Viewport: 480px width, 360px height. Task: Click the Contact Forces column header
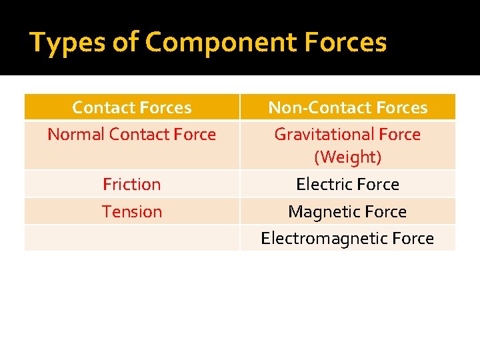pyautogui.click(x=132, y=107)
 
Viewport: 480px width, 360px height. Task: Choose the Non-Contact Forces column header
pyautogui.click(x=347, y=107)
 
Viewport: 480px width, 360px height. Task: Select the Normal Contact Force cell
pyautogui.click(x=132, y=134)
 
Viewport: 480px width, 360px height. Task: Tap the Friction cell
pyautogui.click(x=132, y=184)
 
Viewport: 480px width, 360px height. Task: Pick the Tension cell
pyautogui.click(x=132, y=211)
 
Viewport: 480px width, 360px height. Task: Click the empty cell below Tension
pyautogui.click(x=132, y=238)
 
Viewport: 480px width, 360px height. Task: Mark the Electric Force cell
pyautogui.click(x=347, y=184)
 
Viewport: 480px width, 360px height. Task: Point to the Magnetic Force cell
pyautogui.click(x=347, y=211)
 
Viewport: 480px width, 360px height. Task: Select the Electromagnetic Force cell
pyautogui.click(x=347, y=238)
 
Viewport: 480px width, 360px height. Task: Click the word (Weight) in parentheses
pyautogui.click(x=347, y=157)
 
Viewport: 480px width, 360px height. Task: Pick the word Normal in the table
pyautogui.click(x=76, y=134)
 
